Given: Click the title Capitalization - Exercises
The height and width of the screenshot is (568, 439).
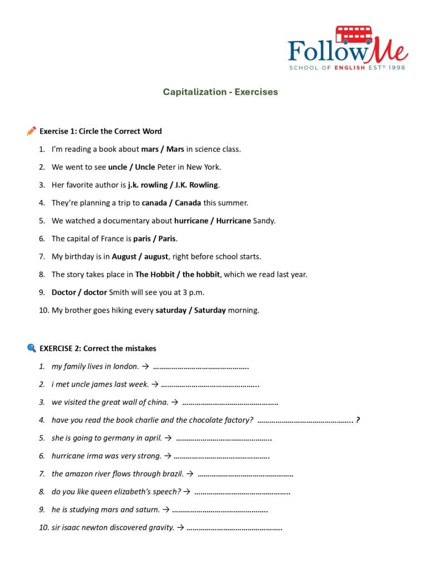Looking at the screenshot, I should click(220, 92).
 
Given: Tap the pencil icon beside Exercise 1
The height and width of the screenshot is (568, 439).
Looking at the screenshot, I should click(31, 131).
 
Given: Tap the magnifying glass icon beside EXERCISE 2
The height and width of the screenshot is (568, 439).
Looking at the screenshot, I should click(31, 348).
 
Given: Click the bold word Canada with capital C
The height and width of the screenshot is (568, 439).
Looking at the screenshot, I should click(188, 203).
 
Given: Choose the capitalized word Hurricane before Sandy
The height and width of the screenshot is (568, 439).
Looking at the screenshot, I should click(234, 221).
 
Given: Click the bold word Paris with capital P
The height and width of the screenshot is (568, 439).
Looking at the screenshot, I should click(167, 239).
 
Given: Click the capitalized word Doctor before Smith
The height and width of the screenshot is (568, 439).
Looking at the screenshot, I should click(64, 292).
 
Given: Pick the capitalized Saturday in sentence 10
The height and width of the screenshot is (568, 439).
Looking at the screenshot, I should click(209, 311).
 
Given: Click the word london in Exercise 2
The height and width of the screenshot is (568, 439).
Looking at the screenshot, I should click(125, 367).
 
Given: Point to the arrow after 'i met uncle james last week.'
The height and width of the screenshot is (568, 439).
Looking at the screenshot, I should click(155, 384).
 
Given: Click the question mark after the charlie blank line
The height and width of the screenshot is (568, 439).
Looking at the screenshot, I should click(357, 420).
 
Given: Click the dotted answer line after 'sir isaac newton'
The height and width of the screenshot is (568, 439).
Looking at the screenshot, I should click(235, 528).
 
